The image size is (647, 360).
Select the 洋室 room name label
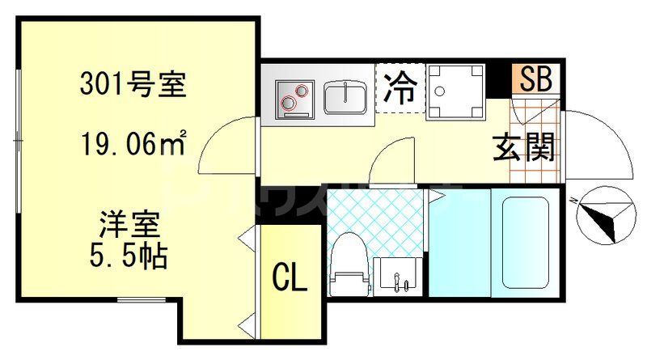pyautogui.click(x=129, y=222)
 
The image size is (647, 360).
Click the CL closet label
pyautogui.click(x=289, y=280)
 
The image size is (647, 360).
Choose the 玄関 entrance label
pyautogui.click(x=525, y=147)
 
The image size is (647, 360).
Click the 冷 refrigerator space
pyautogui.click(x=400, y=86)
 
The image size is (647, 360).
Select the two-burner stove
pyautogui.click(x=292, y=97)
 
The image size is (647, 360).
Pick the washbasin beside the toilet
pyautogui.click(x=397, y=274)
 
